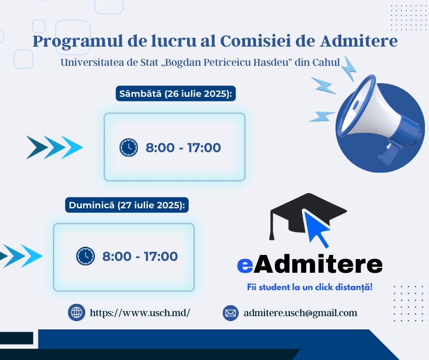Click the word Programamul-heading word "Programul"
[x=78, y=42]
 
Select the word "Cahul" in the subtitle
[x=326, y=62]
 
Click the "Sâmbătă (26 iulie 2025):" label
[x=176, y=94]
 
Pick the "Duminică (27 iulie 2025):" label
[x=127, y=205]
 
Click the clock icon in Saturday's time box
[x=129, y=148]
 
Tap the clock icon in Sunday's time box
[x=85, y=256]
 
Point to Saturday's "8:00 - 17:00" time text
[x=183, y=148]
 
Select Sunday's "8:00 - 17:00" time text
[x=140, y=256]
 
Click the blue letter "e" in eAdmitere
[x=245, y=265]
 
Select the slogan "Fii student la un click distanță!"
[x=310, y=287]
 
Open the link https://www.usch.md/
[x=140, y=313]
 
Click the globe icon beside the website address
[x=76, y=312]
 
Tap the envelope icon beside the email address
[x=230, y=313]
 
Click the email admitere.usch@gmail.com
[x=300, y=313]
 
